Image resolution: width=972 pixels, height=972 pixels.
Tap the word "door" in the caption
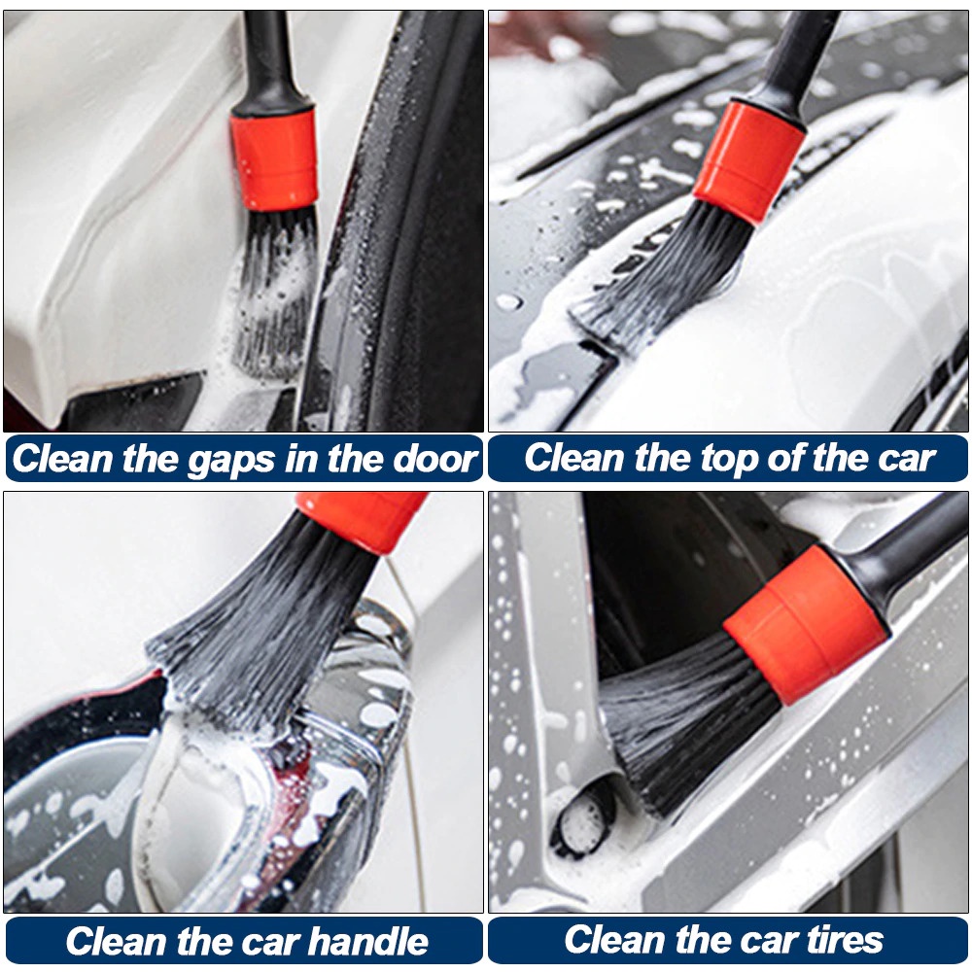[434, 459]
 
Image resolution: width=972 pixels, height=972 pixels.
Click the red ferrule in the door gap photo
[274, 157]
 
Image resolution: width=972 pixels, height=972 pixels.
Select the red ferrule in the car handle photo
[362, 517]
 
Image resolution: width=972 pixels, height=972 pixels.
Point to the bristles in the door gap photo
[275, 292]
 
